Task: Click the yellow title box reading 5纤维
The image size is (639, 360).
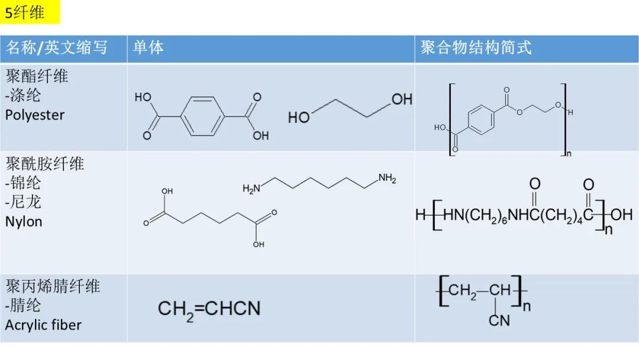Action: click(x=30, y=12)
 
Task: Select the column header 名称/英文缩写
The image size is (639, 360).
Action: click(x=57, y=48)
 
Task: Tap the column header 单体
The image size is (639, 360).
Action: click(x=148, y=48)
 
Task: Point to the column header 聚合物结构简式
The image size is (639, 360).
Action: click(x=476, y=48)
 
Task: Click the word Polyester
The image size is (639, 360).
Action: click(x=35, y=115)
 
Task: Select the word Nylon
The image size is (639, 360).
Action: click(x=24, y=221)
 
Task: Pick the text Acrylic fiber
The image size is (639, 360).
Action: click(x=43, y=324)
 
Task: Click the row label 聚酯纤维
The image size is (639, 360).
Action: click(x=37, y=76)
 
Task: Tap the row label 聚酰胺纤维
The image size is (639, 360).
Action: click(x=45, y=163)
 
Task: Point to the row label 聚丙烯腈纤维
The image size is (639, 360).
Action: click(x=53, y=287)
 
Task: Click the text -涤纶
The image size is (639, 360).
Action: click(x=23, y=95)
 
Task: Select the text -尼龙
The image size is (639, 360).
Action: click(x=23, y=202)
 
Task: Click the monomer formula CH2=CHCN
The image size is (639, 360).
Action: click(x=209, y=308)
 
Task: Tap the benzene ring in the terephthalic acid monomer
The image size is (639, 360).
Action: click(x=202, y=116)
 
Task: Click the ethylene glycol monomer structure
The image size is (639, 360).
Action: click(x=350, y=108)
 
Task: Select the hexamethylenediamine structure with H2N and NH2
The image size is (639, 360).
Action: click(x=319, y=183)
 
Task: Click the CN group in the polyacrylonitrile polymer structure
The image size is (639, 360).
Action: click(x=499, y=320)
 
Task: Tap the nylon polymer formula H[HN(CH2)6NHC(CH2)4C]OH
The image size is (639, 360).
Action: click(x=524, y=214)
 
